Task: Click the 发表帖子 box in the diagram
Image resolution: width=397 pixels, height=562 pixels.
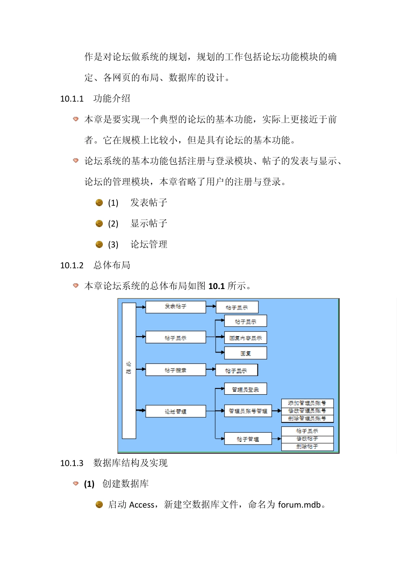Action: pos(176,307)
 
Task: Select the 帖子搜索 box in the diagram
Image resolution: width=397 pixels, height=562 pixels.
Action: pos(176,370)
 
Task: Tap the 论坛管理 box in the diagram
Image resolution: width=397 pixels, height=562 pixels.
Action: pos(176,411)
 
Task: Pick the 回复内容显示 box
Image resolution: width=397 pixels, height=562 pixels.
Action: pos(245,338)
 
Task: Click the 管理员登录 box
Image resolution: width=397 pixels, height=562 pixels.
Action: pos(245,389)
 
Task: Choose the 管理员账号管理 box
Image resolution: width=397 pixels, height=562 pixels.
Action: pos(248,411)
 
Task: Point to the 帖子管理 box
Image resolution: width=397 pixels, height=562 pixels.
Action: pos(248,439)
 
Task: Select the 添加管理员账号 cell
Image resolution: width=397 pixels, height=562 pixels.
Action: pos(307,403)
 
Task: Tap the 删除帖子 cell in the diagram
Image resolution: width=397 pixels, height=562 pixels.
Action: pos(307,447)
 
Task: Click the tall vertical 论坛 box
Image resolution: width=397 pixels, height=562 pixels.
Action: pos(129,370)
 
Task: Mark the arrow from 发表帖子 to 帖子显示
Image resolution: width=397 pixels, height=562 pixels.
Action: pos(211,307)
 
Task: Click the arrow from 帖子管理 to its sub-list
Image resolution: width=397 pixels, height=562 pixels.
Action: pos(277,439)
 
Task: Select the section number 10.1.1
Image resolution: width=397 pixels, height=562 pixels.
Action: pos(72,99)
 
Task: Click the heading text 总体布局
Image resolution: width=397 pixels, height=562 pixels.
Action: pos(112,265)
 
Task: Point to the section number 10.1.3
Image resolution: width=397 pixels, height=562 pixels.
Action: pos(72,463)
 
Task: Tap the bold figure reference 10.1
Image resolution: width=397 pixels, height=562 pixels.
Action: pos(216,286)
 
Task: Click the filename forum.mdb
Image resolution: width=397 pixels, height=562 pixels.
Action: pos(299,505)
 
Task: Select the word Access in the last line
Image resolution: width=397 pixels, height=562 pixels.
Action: pos(142,505)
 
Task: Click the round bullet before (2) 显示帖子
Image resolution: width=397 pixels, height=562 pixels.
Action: pos(99,224)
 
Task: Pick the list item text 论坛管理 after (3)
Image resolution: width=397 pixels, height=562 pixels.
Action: pos(149,245)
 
